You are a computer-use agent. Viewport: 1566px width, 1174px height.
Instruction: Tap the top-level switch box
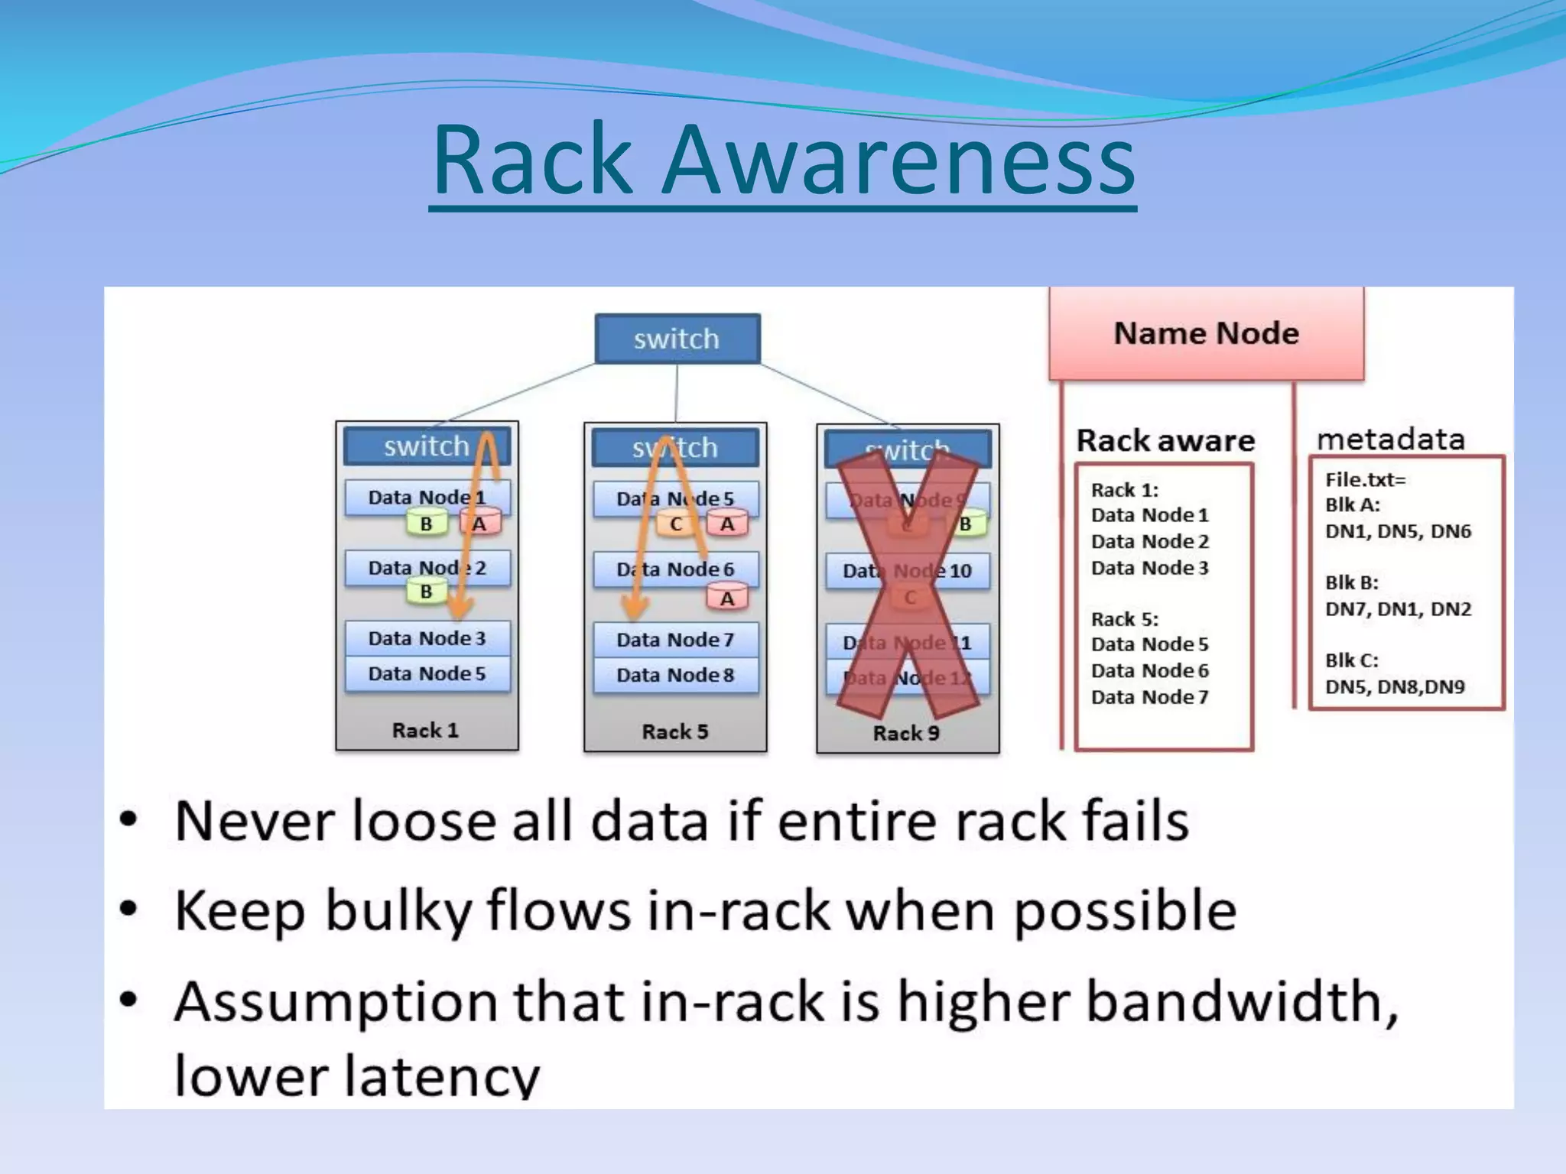tap(677, 339)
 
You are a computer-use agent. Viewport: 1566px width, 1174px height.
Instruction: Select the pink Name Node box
tap(1206, 334)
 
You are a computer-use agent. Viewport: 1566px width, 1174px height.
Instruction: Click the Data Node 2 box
tap(427, 568)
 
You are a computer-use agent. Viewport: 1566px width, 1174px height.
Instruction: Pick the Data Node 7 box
tap(675, 640)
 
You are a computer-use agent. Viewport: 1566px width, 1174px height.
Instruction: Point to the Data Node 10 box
tap(907, 571)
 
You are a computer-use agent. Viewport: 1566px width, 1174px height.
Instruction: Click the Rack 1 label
tap(425, 730)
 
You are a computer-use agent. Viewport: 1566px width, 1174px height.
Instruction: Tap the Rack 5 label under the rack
tap(674, 731)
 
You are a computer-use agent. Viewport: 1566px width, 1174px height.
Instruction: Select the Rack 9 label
tap(906, 733)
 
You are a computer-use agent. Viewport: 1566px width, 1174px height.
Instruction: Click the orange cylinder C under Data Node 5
tap(676, 524)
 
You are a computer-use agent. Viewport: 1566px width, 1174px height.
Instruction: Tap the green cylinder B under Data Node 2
tap(426, 592)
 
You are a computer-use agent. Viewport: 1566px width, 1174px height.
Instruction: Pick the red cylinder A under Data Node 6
tap(726, 598)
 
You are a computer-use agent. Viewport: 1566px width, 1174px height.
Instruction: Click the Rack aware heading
tap(1165, 440)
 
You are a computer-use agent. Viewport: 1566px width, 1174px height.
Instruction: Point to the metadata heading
tap(1390, 439)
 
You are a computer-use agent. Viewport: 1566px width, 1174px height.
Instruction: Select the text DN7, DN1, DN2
tap(1398, 609)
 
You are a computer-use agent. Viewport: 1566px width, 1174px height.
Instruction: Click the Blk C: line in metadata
tap(1351, 660)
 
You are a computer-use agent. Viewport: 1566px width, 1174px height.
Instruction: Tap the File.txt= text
tap(1365, 480)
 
